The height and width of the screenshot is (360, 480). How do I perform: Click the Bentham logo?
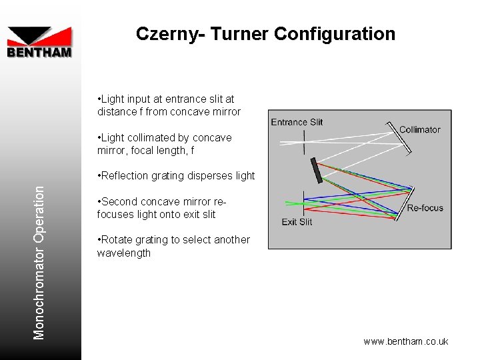39,42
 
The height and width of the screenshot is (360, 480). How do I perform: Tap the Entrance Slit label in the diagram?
297,122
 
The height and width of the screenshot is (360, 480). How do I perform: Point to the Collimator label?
419,129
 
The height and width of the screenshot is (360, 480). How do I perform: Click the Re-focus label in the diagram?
425,208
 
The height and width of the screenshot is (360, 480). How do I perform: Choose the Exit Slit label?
297,222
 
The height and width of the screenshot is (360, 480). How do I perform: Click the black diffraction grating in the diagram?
315,170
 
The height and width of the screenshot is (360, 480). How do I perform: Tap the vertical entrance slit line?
304,142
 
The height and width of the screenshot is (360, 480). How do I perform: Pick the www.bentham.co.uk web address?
405,341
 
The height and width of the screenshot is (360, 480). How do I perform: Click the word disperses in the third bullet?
202,176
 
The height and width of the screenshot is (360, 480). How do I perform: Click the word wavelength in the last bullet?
124,253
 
